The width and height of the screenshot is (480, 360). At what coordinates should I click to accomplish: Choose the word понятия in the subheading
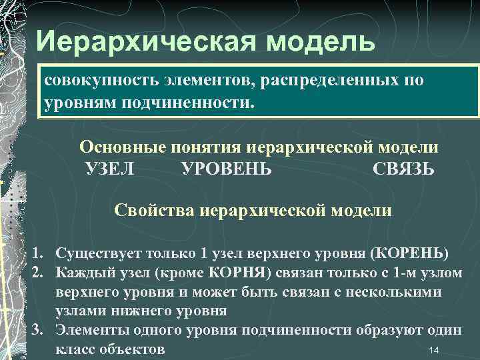(206, 147)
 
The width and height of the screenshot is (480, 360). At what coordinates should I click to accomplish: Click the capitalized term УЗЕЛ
(110, 169)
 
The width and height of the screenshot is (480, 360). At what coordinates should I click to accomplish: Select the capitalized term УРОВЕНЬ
(227, 169)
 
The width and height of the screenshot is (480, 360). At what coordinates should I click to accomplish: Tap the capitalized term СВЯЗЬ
(404, 169)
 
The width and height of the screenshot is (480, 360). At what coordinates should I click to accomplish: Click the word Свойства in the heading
(151, 211)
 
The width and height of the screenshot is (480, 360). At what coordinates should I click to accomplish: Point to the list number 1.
(39, 254)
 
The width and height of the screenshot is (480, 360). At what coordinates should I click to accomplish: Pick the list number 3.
(39, 331)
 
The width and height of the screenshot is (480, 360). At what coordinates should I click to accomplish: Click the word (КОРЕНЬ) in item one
(409, 254)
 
